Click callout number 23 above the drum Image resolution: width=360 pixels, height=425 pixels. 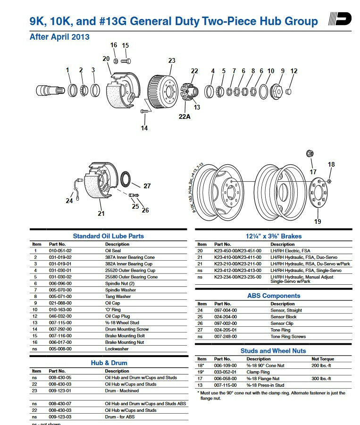click(172, 60)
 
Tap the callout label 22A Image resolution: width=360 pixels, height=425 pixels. click(184, 117)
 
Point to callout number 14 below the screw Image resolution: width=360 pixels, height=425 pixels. click(144, 128)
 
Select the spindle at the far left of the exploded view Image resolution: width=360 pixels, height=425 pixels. click(50, 89)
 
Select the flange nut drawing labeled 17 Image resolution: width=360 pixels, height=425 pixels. click(310, 153)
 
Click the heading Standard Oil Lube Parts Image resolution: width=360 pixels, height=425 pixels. click(108, 236)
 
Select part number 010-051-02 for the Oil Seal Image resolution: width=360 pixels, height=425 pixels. click(60, 251)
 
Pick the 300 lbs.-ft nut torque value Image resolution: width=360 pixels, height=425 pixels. click(321, 379)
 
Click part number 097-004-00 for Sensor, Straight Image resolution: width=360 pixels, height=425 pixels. click(226, 310)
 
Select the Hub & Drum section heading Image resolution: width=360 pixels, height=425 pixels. click(109, 363)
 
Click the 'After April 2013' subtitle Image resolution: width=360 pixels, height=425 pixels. click(59, 37)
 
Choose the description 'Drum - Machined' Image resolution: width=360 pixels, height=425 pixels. click(122, 391)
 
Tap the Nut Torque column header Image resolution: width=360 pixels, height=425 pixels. click(322, 359)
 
